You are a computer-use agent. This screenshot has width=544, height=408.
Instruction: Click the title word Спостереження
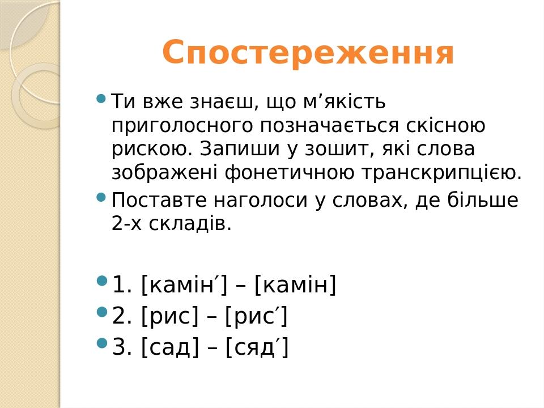pos(308,53)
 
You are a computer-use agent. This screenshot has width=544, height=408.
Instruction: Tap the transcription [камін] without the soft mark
pos(296,284)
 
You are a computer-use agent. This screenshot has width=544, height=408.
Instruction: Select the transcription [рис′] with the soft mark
pos(257,316)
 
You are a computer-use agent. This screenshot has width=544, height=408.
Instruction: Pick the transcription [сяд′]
pos(257,347)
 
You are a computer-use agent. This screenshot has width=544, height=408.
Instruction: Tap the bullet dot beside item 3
pos(102,342)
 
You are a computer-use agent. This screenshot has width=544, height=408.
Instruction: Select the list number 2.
pos(118,316)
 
